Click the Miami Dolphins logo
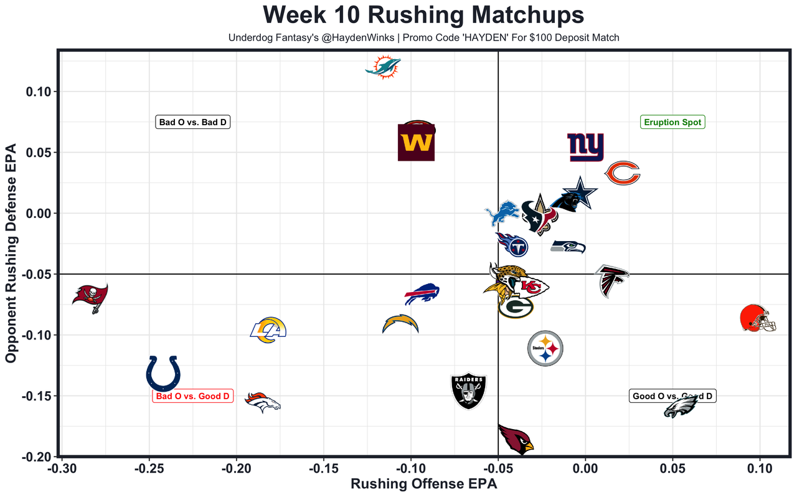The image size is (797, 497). (x=383, y=67)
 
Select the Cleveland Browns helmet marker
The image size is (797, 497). (x=758, y=318)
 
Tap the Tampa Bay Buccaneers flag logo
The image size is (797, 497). (x=90, y=298)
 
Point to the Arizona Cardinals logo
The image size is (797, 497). (x=516, y=439)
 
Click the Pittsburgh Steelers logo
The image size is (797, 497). (x=545, y=349)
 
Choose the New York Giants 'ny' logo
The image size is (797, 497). (x=585, y=148)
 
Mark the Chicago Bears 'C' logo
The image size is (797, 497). (x=623, y=173)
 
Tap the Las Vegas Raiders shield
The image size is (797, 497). (x=468, y=391)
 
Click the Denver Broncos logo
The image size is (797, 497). (x=262, y=403)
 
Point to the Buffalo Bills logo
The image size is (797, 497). (x=422, y=294)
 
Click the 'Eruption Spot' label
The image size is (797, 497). (x=672, y=122)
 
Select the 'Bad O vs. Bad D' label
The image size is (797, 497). (x=192, y=122)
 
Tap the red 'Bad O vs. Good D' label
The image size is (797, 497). (x=192, y=396)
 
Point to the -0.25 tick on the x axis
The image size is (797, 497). (x=148, y=468)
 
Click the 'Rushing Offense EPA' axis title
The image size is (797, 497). (x=424, y=484)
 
